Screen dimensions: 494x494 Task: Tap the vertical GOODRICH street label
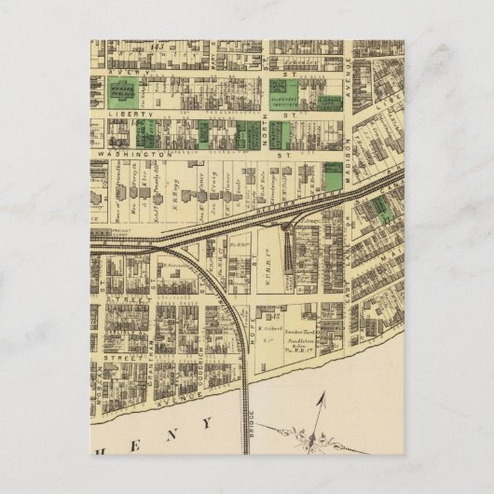coord(200,358)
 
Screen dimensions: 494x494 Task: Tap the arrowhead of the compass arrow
coord(325,397)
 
